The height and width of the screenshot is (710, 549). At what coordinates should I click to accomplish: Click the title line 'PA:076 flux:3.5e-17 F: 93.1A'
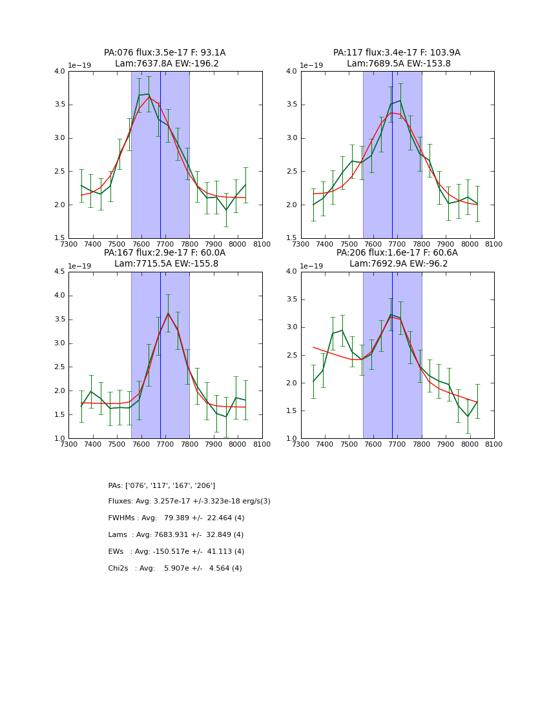pyautogui.click(x=165, y=53)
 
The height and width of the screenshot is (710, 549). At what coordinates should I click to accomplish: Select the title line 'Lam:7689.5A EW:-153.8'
pyautogui.click(x=399, y=64)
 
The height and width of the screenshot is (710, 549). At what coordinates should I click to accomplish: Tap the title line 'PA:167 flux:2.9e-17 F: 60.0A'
pyautogui.click(x=165, y=253)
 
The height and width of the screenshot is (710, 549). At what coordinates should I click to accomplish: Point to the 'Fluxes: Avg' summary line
pyautogui.click(x=189, y=502)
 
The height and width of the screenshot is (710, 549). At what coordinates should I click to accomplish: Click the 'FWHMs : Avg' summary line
pyautogui.click(x=176, y=518)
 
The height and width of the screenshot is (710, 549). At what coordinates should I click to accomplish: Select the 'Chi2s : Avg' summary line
pyautogui.click(x=175, y=569)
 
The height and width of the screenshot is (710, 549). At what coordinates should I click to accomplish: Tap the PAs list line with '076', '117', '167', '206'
pyautogui.click(x=161, y=485)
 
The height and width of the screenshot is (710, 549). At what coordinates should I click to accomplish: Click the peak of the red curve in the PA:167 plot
pyautogui.click(x=168, y=314)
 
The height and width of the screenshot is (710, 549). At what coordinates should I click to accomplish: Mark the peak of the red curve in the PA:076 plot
pyautogui.click(x=149, y=97)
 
